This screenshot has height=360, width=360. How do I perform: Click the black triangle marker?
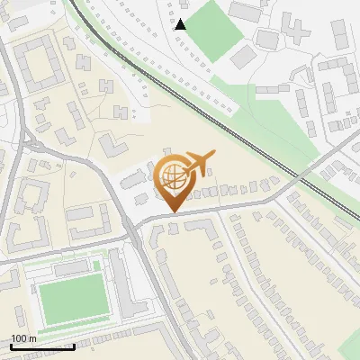[x=181, y=24]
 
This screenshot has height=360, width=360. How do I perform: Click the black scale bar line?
[x=42, y=346]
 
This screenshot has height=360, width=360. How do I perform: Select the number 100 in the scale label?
[x=21, y=338]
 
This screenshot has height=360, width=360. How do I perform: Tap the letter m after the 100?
[x=33, y=338]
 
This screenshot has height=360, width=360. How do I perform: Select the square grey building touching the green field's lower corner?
[x=242, y=56]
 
